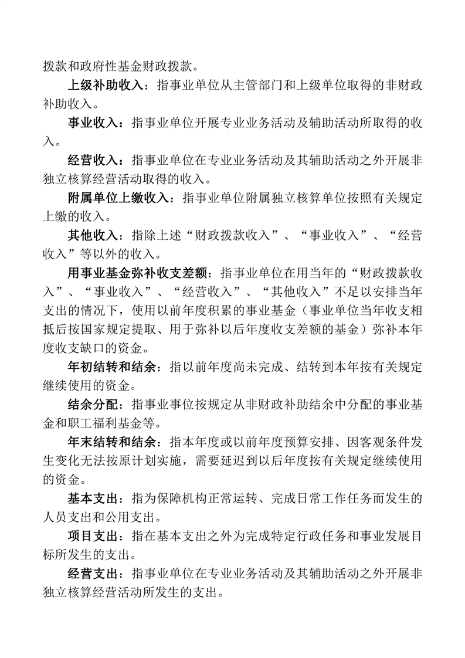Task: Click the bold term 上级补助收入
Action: (x=106, y=86)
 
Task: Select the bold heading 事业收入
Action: (x=93, y=123)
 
